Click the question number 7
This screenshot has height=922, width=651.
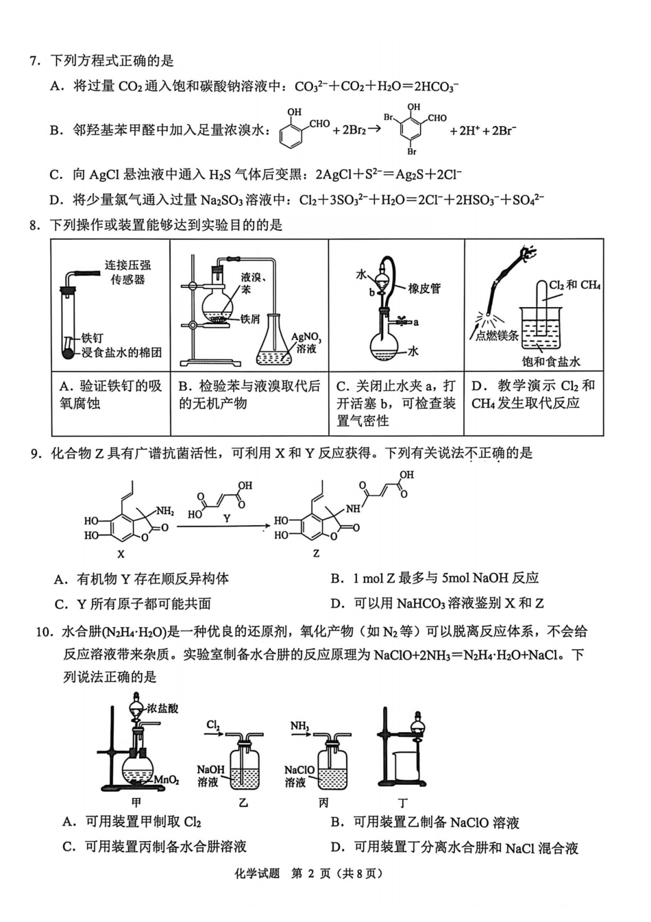pos(34,61)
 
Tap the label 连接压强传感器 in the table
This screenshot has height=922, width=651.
pos(127,272)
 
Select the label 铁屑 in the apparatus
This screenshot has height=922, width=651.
pos(249,319)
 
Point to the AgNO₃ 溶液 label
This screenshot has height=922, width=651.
pos(306,343)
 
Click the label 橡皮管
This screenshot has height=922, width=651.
pos(424,289)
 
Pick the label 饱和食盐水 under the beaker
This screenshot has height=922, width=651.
pos(551,361)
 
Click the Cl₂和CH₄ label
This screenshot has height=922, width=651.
pos(574,285)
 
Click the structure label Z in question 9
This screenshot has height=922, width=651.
pos(316,553)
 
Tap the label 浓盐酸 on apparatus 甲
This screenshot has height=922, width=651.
pos(162,708)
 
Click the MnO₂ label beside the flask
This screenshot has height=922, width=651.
pos(167,780)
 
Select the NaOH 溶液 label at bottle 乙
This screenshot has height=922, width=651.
pos(210,776)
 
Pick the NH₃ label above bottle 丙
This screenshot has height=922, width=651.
pos(299,726)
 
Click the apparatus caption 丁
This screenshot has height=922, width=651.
pos(403,803)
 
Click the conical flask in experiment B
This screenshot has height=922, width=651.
pos(278,343)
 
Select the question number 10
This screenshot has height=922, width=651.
pos(43,632)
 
